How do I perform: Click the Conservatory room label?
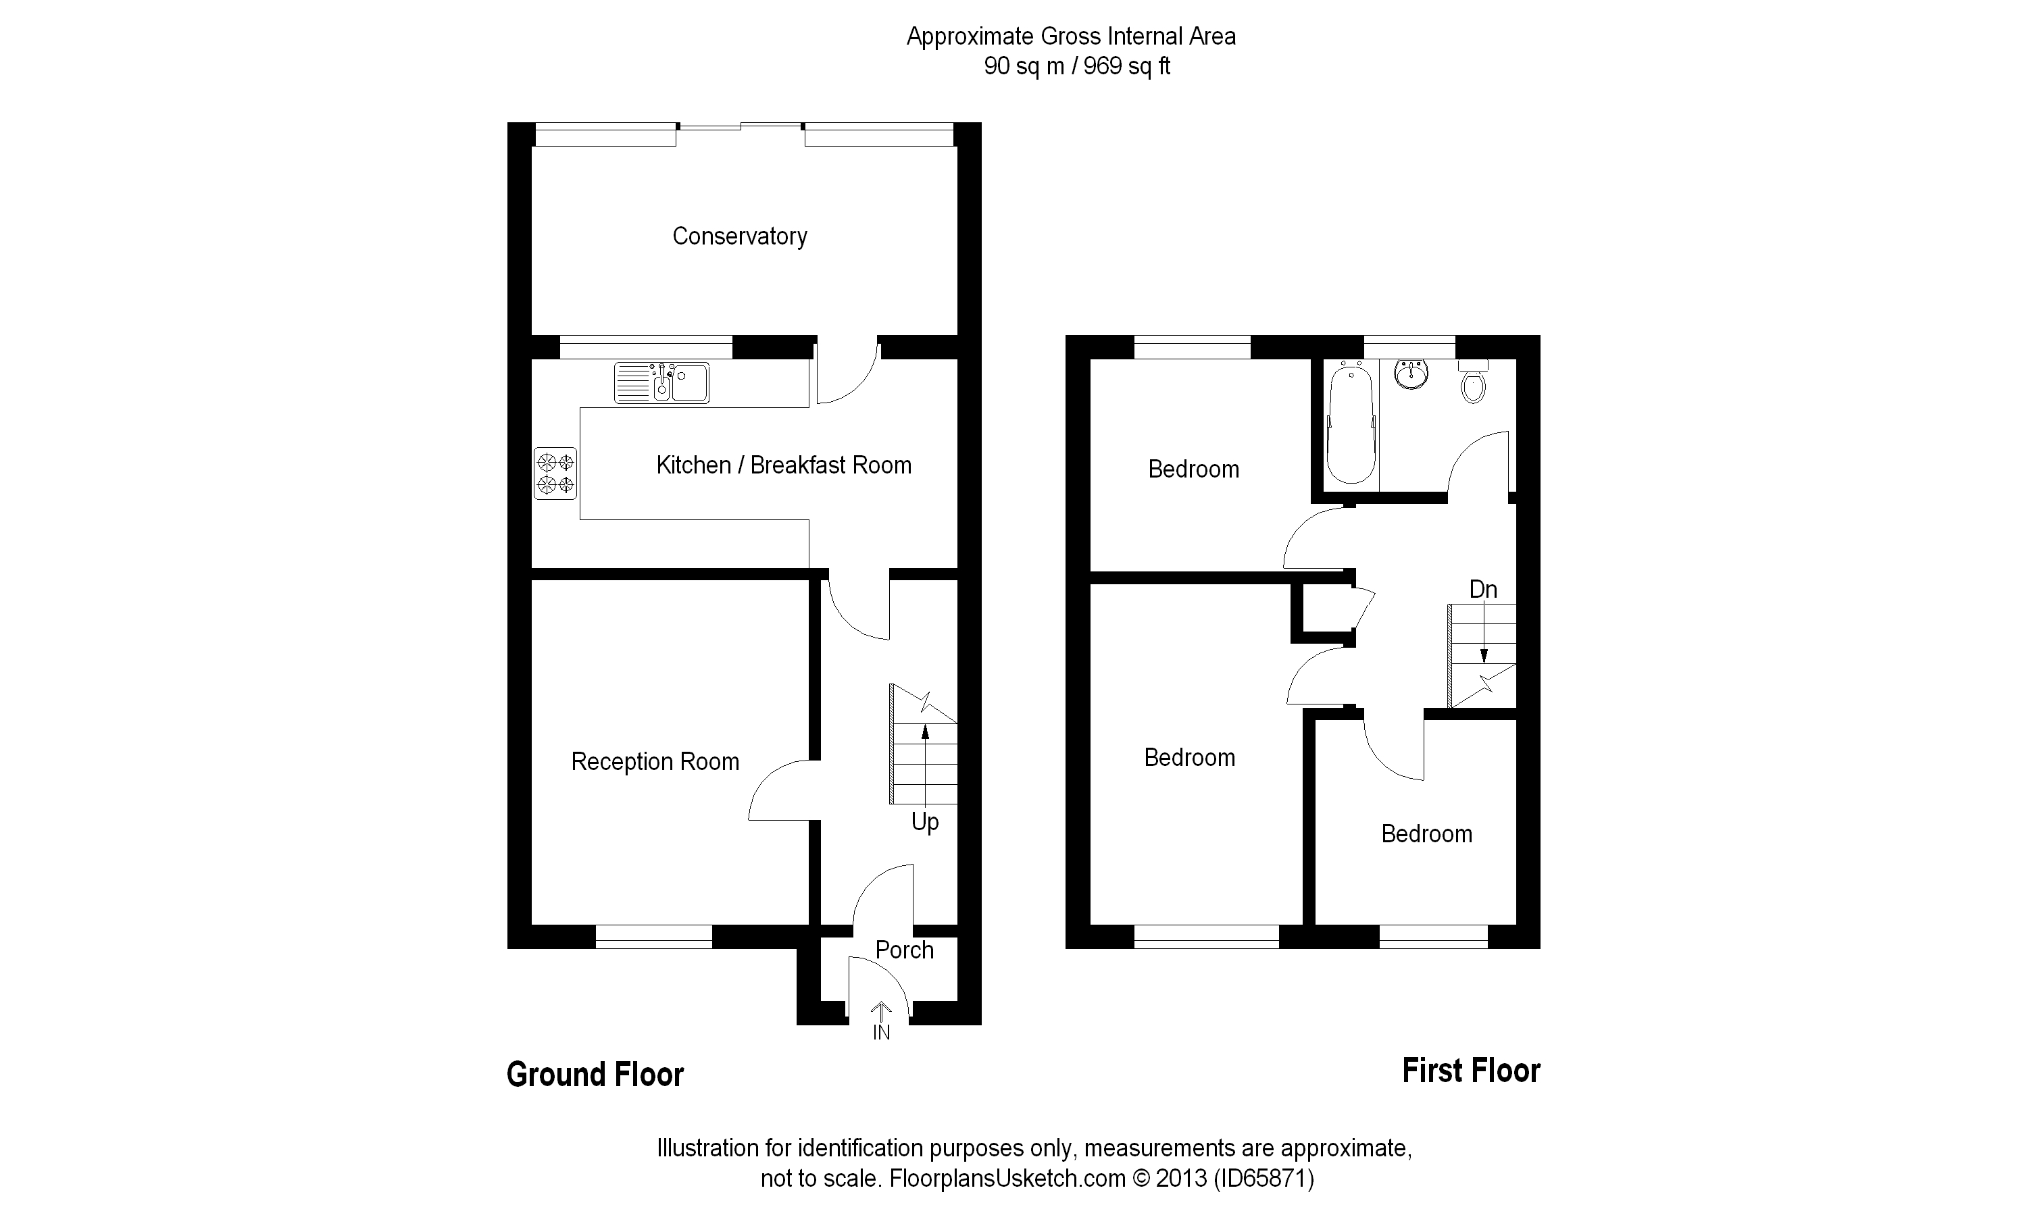(x=739, y=236)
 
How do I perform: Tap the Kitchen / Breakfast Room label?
(x=783, y=465)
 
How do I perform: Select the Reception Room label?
(x=655, y=762)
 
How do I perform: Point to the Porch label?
(x=903, y=950)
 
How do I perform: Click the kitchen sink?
(x=661, y=383)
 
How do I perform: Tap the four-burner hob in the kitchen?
(x=555, y=473)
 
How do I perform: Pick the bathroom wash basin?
(x=1410, y=374)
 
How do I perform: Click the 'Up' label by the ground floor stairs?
(x=925, y=822)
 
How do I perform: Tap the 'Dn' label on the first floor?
(x=1483, y=590)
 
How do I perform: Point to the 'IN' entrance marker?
(x=882, y=1033)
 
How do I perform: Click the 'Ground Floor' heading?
(x=595, y=1075)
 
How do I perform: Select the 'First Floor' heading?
(x=1471, y=1071)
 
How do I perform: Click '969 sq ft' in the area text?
(x=1126, y=67)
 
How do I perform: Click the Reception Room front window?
(x=654, y=937)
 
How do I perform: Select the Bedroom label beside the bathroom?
(x=1193, y=469)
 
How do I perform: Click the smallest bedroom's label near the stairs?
(x=1427, y=834)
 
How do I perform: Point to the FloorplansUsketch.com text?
(x=1007, y=1179)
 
